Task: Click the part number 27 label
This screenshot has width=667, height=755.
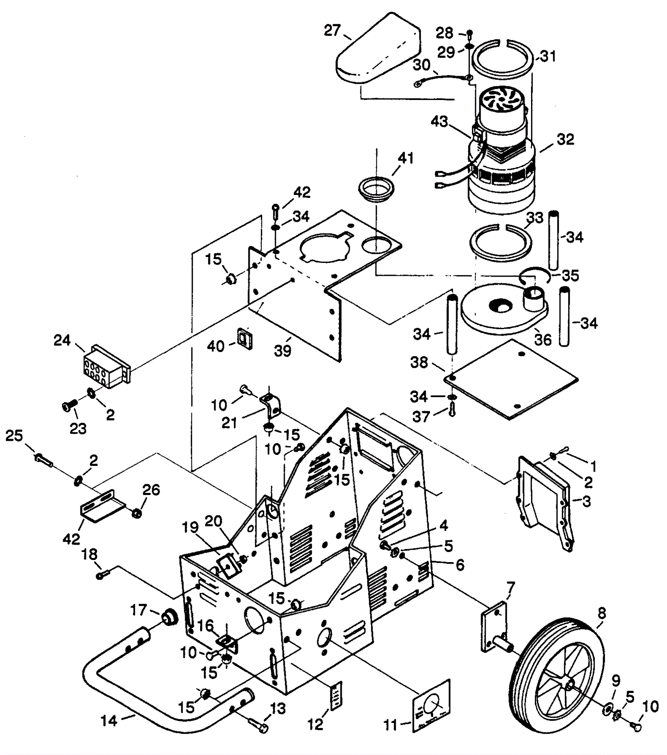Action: click(x=333, y=30)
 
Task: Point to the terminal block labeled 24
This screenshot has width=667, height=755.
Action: click(x=107, y=367)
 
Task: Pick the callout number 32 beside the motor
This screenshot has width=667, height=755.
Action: click(x=565, y=139)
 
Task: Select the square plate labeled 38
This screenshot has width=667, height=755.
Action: click(x=511, y=378)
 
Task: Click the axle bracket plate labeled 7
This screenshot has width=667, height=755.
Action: click(x=495, y=630)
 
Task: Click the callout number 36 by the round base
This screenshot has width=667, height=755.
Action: click(x=543, y=340)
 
